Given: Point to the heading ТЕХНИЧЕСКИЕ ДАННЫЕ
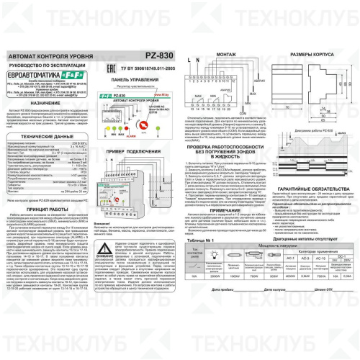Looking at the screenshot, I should point(48,135).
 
